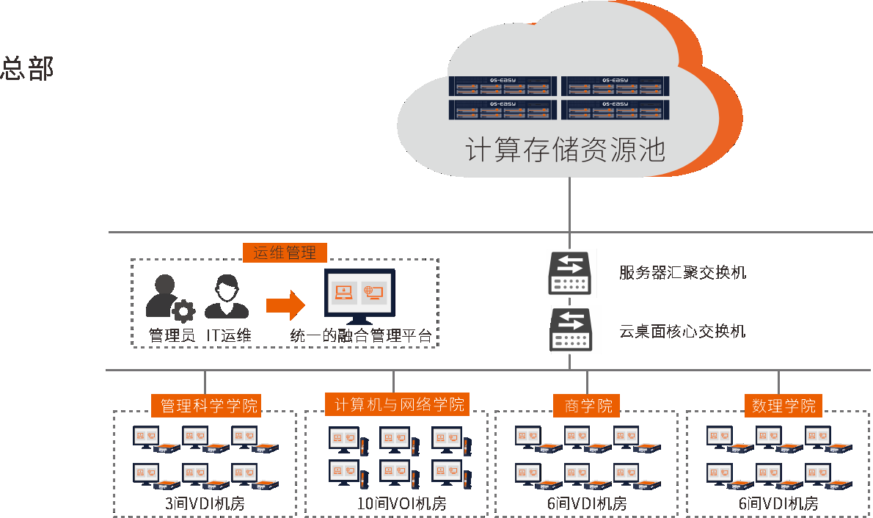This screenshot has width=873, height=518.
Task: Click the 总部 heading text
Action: (x=28, y=68)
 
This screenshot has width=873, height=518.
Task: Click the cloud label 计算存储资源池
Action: (x=566, y=149)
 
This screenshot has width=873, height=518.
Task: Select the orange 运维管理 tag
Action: (x=285, y=252)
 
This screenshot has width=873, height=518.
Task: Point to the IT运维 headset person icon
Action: (x=225, y=296)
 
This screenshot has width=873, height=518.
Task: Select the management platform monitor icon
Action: (x=359, y=296)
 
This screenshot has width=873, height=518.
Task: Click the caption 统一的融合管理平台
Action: (x=360, y=336)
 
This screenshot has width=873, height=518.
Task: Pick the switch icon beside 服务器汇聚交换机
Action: (x=569, y=274)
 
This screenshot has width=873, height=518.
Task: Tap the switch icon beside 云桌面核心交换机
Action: (x=570, y=330)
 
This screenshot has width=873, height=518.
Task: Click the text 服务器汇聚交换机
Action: (x=682, y=273)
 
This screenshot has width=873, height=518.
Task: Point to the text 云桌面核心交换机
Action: (x=682, y=331)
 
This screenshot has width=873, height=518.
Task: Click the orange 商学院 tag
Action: (x=588, y=405)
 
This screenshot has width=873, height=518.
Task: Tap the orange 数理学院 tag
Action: (x=783, y=405)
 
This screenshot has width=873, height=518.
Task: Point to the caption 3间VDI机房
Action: (x=205, y=504)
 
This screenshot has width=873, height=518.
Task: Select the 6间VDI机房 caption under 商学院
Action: (x=587, y=504)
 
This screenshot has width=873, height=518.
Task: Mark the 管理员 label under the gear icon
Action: (x=172, y=336)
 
